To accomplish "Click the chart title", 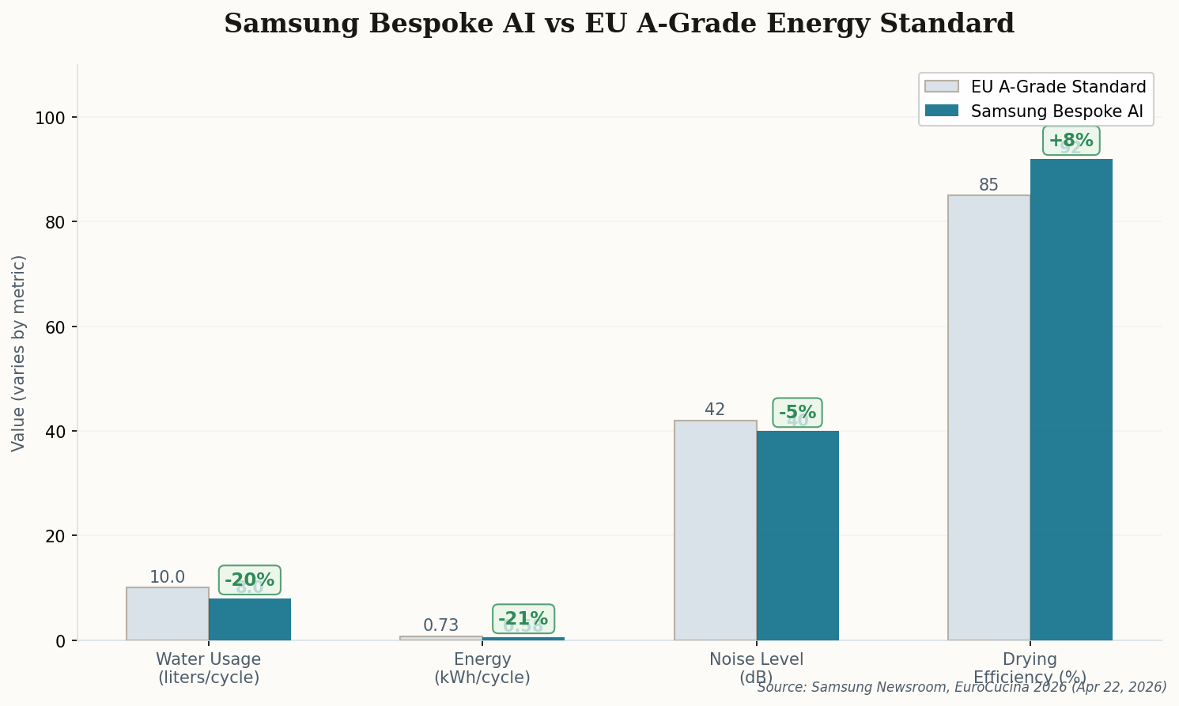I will pyautogui.click(x=618, y=24).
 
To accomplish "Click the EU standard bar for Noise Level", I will pyautogui.click(x=715, y=530).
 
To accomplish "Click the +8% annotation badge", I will pyautogui.click(x=1071, y=141).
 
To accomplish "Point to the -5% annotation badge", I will pyautogui.click(x=797, y=413).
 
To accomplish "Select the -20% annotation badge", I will pyautogui.click(x=249, y=580).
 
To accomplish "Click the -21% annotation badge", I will pyautogui.click(x=523, y=618).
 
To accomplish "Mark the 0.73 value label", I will pyautogui.click(x=440, y=625).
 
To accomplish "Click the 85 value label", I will pyautogui.click(x=988, y=185).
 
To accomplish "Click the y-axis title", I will pyautogui.click(x=19, y=353).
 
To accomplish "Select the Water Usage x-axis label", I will pyautogui.click(x=208, y=668).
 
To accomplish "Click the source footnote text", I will pyautogui.click(x=962, y=687).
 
